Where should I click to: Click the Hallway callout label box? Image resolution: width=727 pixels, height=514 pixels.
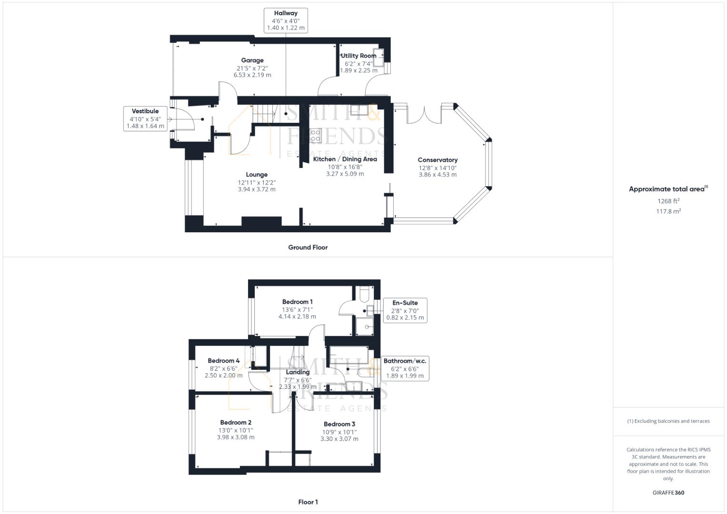pos(285,20)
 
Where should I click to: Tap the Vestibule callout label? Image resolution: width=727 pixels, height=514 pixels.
pos(145,119)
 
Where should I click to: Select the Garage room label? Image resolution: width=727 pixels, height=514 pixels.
pos(252,60)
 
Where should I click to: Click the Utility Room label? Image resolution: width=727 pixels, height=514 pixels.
pos(358,56)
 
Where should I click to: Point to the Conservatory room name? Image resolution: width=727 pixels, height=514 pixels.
pos(438,160)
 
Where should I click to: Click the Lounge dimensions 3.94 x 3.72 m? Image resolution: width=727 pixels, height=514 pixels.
pos(257,189)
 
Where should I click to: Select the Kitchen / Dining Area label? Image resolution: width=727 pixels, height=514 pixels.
pos(345,159)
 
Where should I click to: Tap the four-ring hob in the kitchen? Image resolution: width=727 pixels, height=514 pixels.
pos(315,136)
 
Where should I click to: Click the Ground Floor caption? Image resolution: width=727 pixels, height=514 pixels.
pos(308,247)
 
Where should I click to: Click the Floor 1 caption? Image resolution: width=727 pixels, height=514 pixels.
pos(308,502)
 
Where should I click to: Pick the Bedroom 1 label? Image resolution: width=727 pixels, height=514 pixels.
pos(297,302)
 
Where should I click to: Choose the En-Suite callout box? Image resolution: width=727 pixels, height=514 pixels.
pos(405,310)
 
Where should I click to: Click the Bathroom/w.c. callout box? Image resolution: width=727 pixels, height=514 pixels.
pos(405,368)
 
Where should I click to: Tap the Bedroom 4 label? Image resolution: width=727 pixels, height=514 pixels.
pos(223,361)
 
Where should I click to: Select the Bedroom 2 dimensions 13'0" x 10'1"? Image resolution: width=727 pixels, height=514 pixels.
pos(236,430)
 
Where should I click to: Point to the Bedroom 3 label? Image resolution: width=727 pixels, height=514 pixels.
pos(339,424)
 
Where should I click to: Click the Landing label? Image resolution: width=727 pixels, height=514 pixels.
pos(298,372)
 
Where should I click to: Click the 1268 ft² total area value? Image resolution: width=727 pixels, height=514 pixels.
pos(668,201)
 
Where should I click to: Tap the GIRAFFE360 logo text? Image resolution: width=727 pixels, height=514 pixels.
pos(668,493)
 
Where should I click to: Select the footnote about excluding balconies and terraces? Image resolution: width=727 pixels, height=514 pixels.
pos(668,421)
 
